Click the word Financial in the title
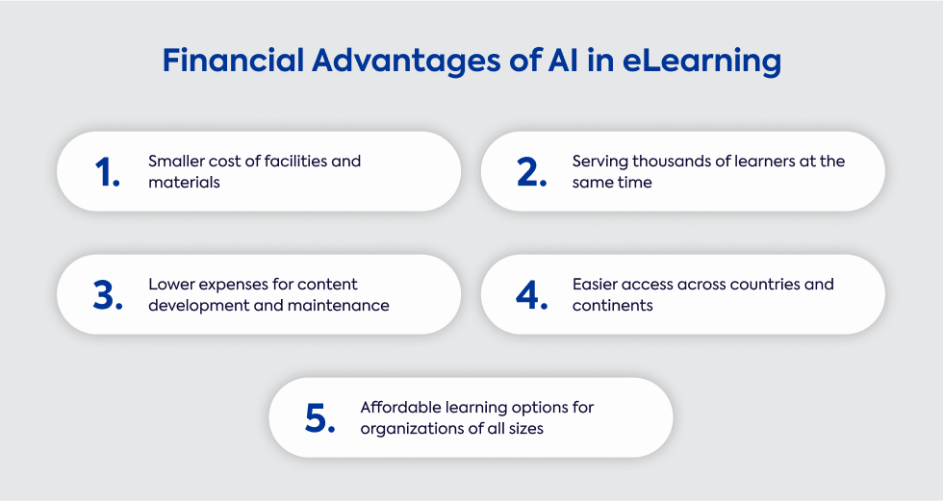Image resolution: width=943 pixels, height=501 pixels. point(233,61)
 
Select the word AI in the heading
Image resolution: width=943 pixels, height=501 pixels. point(563,61)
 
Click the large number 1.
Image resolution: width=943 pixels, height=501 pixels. point(108,172)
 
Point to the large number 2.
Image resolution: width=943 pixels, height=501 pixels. point(531,172)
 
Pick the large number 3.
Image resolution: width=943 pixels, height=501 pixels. point(108,295)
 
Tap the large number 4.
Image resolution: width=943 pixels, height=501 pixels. point(531,295)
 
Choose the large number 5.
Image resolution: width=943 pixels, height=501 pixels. point(319,418)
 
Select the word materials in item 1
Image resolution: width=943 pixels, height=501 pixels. point(184,182)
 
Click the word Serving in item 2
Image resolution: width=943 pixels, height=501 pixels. point(600,162)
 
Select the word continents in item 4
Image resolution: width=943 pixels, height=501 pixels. point(613,305)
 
